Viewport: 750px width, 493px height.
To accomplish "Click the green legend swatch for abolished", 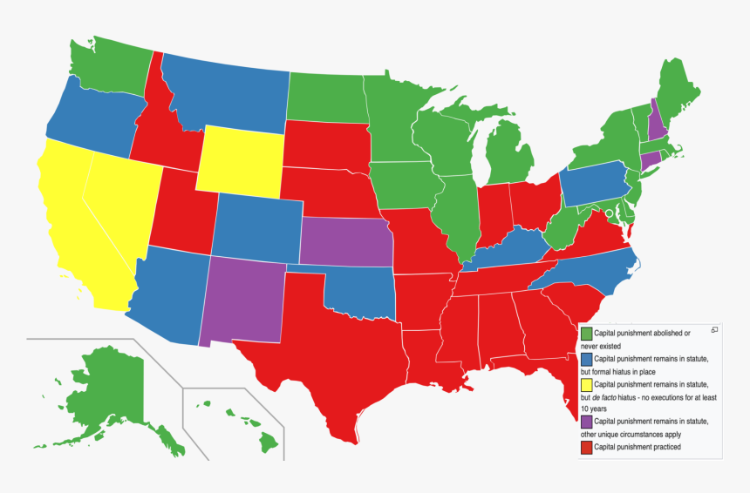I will (x=587, y=334).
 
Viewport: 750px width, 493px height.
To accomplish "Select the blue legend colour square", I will (x=587, y=359).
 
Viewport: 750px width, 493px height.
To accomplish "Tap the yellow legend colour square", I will (x=587, y=384).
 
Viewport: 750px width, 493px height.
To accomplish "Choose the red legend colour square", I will (x=587, y=448).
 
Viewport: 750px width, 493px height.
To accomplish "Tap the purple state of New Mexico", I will (x=246, y=301).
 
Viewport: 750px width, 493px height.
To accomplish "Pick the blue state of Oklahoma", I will (x=358, y=291).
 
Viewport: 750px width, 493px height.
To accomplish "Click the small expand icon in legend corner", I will (x=714, y=329).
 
